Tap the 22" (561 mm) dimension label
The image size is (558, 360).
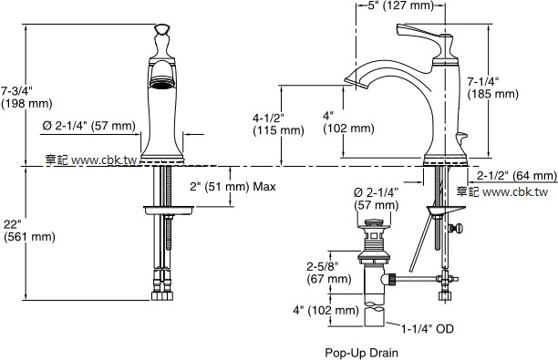tap(29, 231)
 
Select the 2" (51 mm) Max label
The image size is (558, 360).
tap(232, 187)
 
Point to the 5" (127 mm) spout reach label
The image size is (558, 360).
tap(400, 5)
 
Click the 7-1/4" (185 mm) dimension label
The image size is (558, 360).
tap(493, 87)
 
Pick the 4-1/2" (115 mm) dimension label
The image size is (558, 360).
tap(278, 124)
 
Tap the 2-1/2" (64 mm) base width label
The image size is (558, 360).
tap(517, 175)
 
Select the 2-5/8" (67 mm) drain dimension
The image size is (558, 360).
tap(329, 273)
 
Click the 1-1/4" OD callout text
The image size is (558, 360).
tap(428, 329)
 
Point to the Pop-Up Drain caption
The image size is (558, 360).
tap(362, 353)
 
